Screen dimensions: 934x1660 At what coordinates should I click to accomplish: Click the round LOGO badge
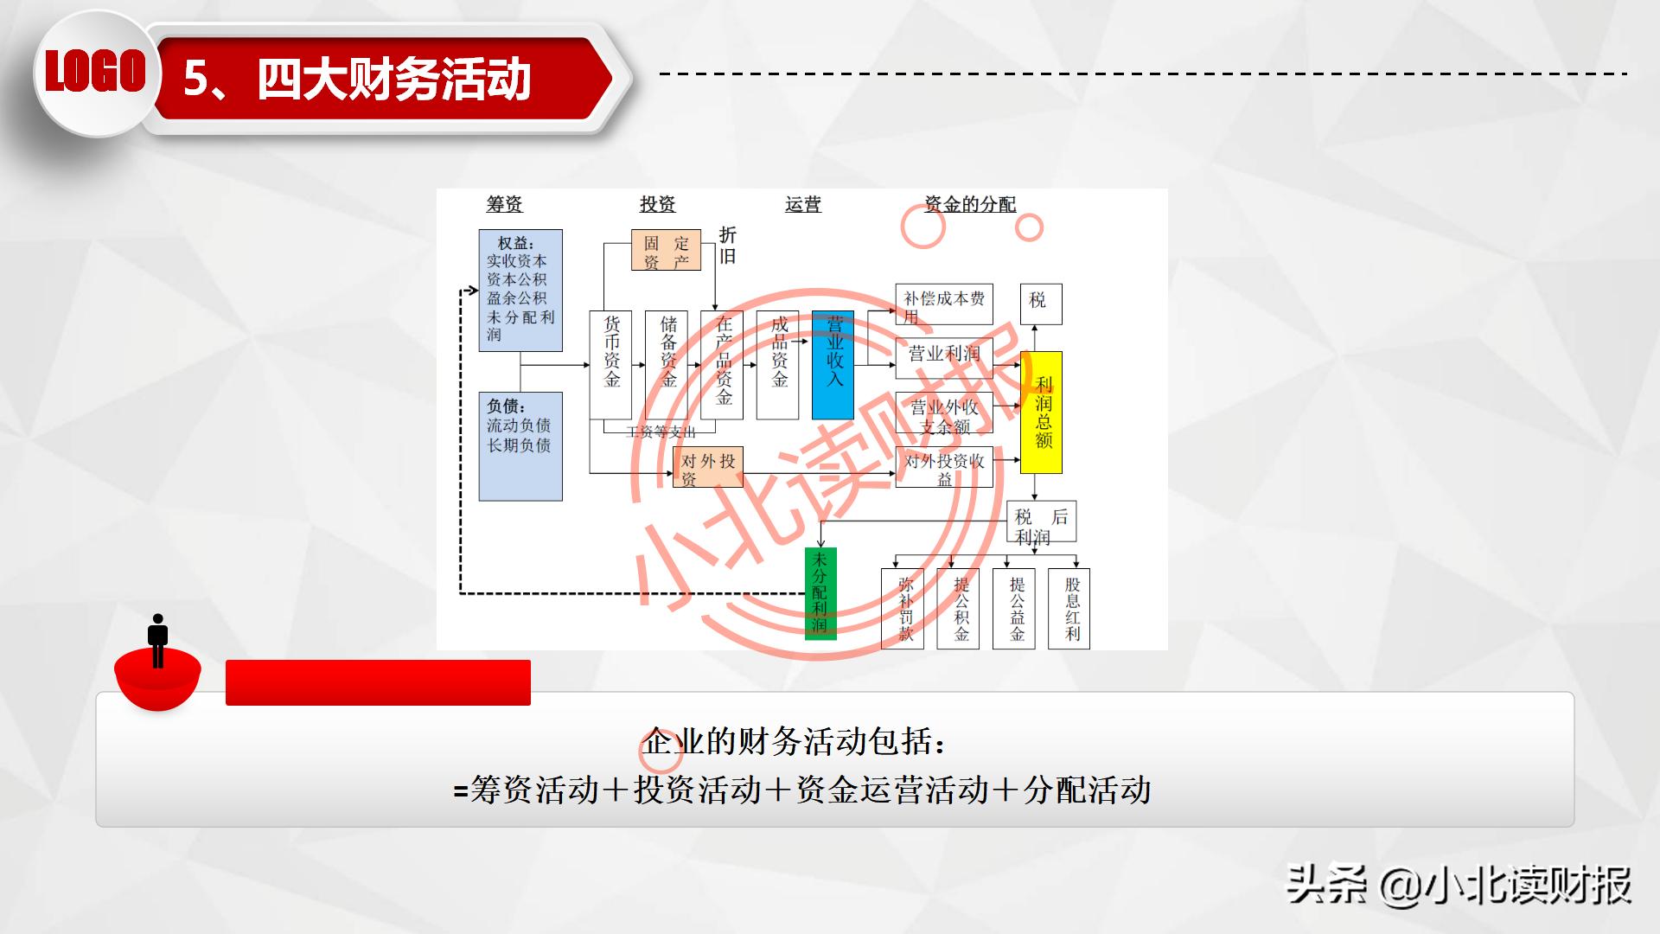coord(95,72)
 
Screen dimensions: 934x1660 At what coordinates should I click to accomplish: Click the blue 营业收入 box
coord(833,364)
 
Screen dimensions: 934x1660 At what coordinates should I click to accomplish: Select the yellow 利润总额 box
coord(1041,413)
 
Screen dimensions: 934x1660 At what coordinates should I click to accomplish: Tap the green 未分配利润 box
coord(820,593)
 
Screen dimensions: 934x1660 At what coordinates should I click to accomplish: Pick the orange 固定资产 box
coord(665,251)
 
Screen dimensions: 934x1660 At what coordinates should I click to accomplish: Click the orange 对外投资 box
coord(707,468)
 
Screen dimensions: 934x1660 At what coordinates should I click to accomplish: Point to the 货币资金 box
coord(610,364)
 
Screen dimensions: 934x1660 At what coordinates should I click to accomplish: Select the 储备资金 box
coord(667,364)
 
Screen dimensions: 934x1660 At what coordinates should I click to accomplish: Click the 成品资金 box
coord(777,364)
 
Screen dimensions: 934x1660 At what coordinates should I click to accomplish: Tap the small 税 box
coord(1040,304)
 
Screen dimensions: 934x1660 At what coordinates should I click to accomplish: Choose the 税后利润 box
coord(1041,523)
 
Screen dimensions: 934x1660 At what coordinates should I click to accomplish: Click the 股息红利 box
coord(1069,609)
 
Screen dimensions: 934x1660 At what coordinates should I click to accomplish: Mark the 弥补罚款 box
coord(903,609)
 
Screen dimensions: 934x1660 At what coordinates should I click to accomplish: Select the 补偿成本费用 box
coord(943,304)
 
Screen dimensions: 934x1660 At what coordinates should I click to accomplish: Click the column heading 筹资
coord(504,204)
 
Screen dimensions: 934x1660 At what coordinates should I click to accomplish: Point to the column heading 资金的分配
coord(969,204)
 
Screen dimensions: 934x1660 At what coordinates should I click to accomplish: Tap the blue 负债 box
coord(520,446)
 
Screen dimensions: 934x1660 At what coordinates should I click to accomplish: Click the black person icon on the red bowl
coord(157,641)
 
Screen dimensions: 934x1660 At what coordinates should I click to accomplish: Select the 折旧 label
coord(728,246)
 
